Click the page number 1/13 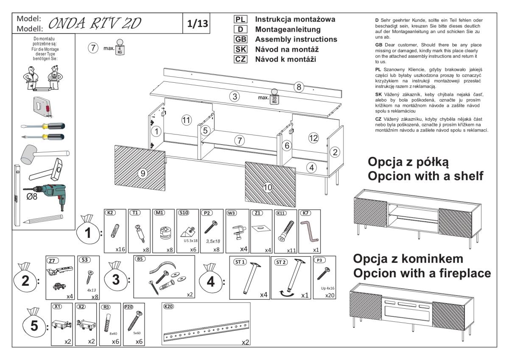point(199,24)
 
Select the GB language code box point(240,39)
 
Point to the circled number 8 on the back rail point(299,87)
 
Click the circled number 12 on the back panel point(313,137)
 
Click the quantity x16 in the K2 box point(120,250)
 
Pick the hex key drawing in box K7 point(308,229)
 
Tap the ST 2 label point(281,262)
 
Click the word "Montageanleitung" point(288,30)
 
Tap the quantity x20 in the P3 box point(329,295)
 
